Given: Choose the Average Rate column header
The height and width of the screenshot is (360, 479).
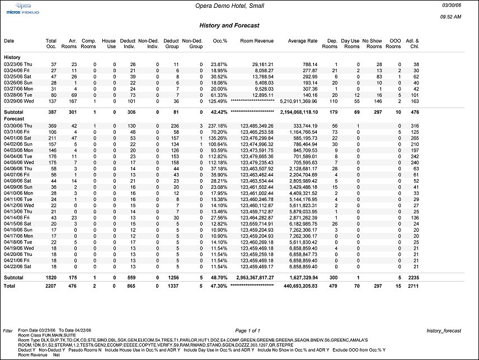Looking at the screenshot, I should pyautogui.click(x=303, y=41).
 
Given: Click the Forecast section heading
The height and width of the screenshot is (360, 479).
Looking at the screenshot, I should pyautogui.click(x=14, y=118).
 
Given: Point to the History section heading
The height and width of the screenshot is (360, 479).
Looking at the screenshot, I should pyautogui.click(x=12, y=58).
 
